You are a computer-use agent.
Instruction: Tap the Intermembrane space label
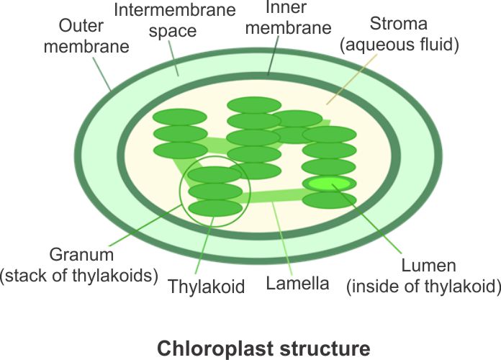[165, 22]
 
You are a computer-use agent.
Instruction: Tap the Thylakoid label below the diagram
[207, 286]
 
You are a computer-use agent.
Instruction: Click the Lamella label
[297, 283]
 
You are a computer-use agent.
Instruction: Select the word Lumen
[430, 266]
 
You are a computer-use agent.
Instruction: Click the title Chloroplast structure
[265, 348]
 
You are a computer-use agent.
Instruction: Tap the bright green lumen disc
[330, 184]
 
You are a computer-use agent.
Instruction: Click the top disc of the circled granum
[214, 175]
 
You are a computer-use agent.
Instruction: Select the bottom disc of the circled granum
[215, 208]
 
